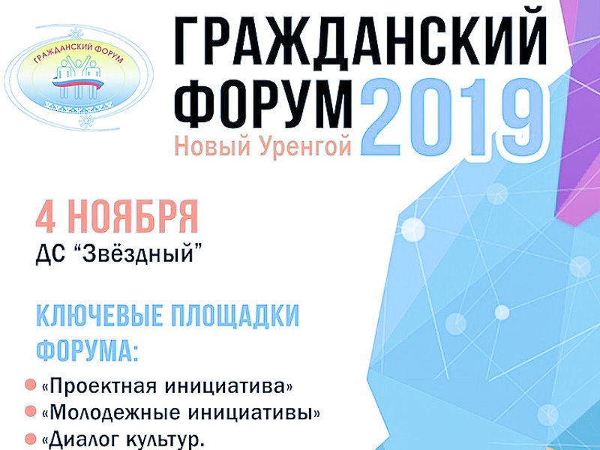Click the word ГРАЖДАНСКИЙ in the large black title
[361, 41]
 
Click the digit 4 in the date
[45, 217]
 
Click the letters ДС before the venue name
[49, 254]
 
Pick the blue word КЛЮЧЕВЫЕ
[100, 316]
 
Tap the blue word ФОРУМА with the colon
[86, 349]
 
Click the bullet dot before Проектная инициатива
[30, 385]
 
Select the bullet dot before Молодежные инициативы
[30, 412]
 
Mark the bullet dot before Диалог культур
[30, 439]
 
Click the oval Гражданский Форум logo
[79, 77]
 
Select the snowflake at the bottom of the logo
[85, 121]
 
